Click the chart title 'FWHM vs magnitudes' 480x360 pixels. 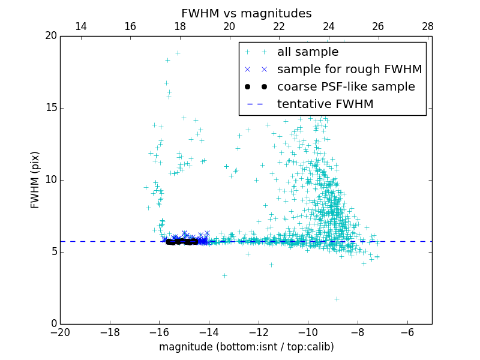pos(246,13)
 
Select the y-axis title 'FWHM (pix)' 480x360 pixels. pos(35,179)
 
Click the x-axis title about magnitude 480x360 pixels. pos(246,347)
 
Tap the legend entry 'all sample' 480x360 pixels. pos(308,52)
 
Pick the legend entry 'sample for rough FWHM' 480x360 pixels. pos(349,69)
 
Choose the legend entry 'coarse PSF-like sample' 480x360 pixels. pos(346,86)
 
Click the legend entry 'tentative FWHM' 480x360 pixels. pos(325,104)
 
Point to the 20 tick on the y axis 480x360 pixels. pos(50,36)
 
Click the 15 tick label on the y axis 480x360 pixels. pos(50,108)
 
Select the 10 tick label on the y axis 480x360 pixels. pos(50,180)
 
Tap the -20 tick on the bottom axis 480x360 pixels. pos(60,332)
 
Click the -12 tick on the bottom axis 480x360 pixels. pos(259,332)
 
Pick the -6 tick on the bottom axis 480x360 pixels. pos(407,332)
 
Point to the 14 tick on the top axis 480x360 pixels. pos(80,26)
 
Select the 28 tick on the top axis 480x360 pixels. pos(428,26)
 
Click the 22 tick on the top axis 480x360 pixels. pos(279,26)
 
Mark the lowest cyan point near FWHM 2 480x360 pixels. pos(337,299)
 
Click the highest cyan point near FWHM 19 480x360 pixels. pos(178,53)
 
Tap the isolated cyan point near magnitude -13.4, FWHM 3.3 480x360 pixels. pos(224,276)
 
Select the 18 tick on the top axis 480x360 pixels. pos(180,26)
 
